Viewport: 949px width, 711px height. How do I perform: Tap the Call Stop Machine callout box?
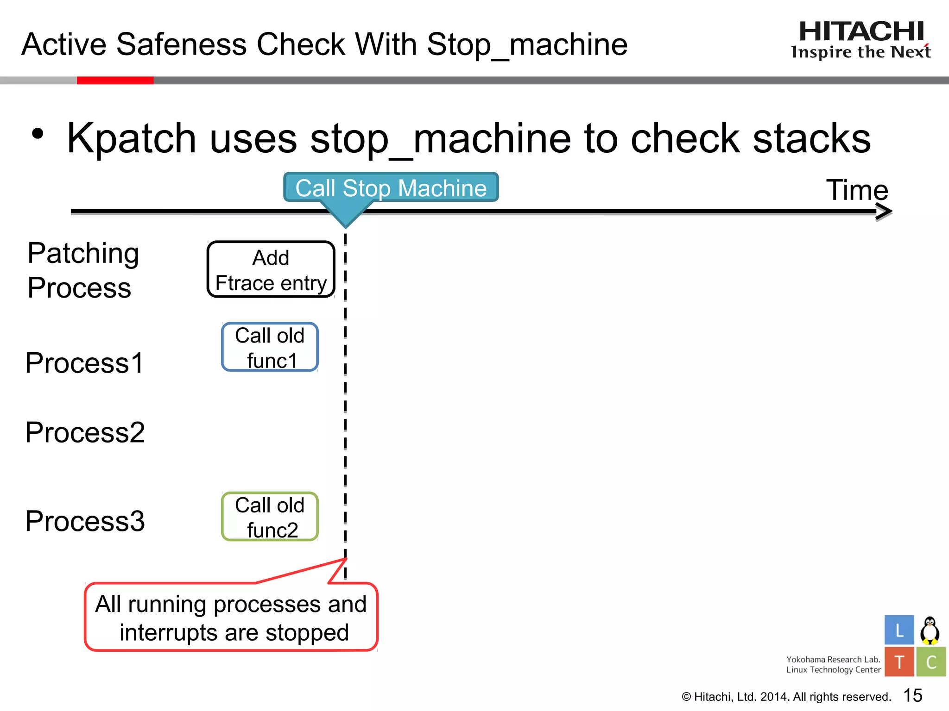tap(391, 187)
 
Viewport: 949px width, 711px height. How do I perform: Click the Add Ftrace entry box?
tap(271, 269)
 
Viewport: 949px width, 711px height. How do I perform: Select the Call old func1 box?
tap(270, 347)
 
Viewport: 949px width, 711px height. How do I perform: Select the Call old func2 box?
tap(270, 517)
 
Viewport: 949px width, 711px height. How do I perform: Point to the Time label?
tap(857, 190)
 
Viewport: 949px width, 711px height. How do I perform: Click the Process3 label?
tap(85, 521)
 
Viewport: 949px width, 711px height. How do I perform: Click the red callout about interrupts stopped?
tap(231, 617)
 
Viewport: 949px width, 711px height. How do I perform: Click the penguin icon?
tap(930, 630)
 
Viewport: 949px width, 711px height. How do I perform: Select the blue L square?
tap(899, 630)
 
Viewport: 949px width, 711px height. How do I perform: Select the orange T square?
tap(899, 662)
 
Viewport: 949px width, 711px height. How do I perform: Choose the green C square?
tap(930, 662)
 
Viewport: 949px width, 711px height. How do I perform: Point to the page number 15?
tap(912, 695)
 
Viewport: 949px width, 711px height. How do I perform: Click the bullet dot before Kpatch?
tap(38, 134)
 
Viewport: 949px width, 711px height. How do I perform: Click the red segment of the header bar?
tap(115, 81)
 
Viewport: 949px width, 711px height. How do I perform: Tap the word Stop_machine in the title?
tap(527, 45)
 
